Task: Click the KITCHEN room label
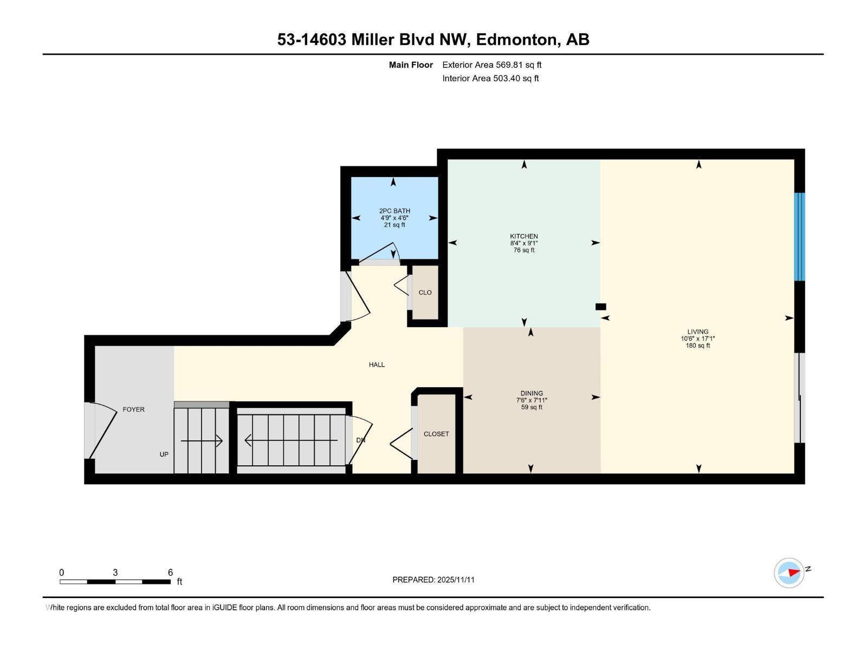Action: coord(523,236)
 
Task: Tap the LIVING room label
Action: coord(697,331)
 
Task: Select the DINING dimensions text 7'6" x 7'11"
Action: coord(532,400)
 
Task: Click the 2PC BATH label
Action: coord(394,211)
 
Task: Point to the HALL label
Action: coord(377,365)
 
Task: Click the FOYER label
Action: coord(133,409)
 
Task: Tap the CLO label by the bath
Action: coord(425,292)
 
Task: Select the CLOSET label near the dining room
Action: coord(436,434)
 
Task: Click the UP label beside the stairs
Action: coord(164,454)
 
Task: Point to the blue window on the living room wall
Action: coord(799,237)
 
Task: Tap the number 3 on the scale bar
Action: coord(115,573)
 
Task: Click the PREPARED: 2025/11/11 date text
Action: coord(433,580)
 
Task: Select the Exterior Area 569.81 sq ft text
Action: coord(491,65)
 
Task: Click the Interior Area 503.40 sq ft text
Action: coord(490,79)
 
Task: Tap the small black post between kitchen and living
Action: coord(600,307)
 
